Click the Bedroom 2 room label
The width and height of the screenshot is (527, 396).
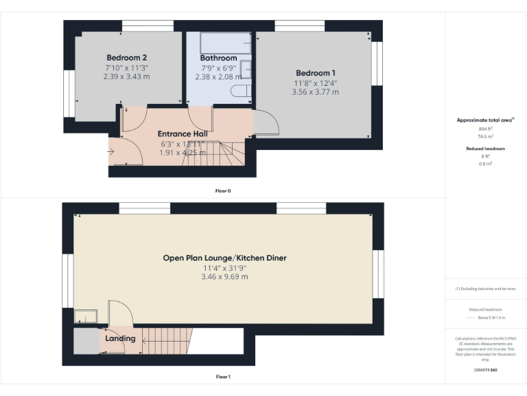(126, 57)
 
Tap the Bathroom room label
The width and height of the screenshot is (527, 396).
(218, 58)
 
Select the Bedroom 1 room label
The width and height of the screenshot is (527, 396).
(315, 73)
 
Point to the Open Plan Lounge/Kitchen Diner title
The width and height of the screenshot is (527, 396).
(224, 258)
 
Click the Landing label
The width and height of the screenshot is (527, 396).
(120, 338)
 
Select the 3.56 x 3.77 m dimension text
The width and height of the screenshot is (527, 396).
(315, 92)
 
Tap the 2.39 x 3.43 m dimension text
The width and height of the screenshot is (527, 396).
(126, 76)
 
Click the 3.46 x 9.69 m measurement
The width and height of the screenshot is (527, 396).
(224, 276)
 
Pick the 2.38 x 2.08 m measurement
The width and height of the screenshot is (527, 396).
(218, 77)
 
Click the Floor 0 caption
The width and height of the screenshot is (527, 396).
(223, 190)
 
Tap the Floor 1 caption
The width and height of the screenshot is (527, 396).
(223, 377)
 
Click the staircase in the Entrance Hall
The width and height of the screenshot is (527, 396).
(226, 153)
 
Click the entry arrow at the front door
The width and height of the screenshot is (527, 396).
(111, 151)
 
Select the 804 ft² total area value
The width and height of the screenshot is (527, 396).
(486, 129)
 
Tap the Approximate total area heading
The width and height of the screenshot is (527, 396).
(484, 120)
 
